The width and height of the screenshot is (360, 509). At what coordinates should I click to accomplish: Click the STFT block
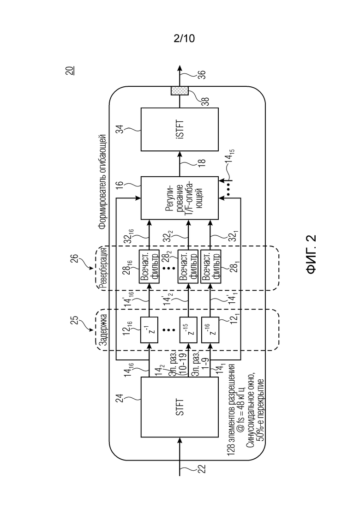pos(180,407)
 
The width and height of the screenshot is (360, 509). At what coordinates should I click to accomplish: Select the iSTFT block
pos(180,130)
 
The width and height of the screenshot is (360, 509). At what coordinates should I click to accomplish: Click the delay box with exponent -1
pos(150,330)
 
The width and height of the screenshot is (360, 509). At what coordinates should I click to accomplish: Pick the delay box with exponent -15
pos(189,330)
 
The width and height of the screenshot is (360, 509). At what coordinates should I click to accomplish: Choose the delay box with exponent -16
pos(210,330)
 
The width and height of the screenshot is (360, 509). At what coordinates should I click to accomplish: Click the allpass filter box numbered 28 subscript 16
pos(150,267)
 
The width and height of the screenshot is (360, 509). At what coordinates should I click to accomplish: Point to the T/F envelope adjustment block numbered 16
pos(180,198)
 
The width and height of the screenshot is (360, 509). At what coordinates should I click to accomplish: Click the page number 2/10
pos(184,39)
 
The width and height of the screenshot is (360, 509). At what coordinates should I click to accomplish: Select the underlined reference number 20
pos(70,71)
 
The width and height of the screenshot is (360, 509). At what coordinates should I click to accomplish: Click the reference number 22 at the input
pos(202,469)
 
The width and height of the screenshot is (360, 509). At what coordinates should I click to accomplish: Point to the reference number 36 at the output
pos(201,75)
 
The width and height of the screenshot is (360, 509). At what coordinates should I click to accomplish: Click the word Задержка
pos(103,330)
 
